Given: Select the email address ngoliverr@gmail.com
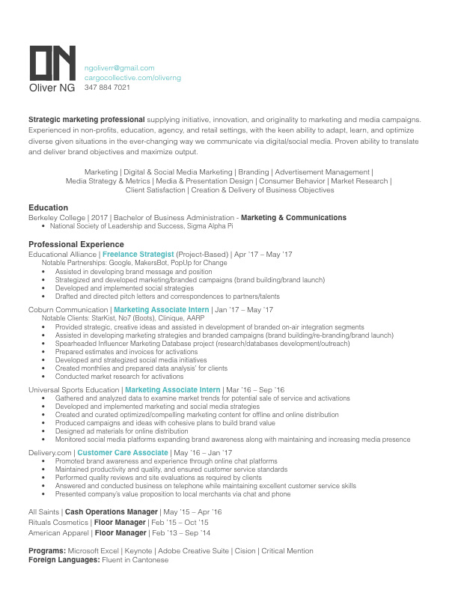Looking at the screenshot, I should click(x=119, y=67).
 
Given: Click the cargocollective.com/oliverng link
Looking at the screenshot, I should click(x=132, y=77).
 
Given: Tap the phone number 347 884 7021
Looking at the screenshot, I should click(x=107, y=88).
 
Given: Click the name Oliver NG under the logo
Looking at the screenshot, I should click(x=52, y=88).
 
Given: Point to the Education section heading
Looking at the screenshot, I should click(x=49, y=207).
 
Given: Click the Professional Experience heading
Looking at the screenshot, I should click(x=76, y=245).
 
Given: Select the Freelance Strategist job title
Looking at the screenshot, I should click(x=138, y=255).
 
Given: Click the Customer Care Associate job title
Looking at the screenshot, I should click(x=123, y=453).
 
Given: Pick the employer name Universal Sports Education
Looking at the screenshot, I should click(x=74, y=390).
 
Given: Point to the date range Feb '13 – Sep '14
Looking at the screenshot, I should click(x=182, y=533).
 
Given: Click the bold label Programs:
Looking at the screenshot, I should click(x=48, y=551).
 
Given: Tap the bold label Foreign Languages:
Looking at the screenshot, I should click(x=64, y=560).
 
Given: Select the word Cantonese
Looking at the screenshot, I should click(x=152, y=560).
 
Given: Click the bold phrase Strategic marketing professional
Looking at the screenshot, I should click(x=86, y=120).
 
